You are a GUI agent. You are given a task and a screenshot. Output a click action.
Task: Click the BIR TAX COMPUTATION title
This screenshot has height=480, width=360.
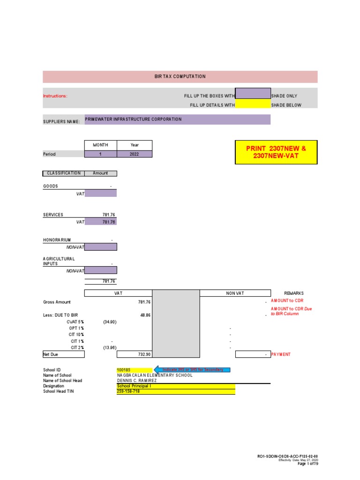[x=180, y=76]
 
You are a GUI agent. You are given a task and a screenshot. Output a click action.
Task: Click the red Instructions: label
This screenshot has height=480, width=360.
[x=55, y=96]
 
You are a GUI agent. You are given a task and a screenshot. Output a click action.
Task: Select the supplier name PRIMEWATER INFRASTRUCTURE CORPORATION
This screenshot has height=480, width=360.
[x=133, y=120]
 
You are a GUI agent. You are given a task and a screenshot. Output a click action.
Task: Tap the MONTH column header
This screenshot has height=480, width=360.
[x=100, y=145]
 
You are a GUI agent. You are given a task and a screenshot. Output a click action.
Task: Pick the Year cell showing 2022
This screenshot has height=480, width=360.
[x=135, y=154]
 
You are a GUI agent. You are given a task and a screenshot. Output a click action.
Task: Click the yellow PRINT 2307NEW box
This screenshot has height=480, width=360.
[x=276, y=151]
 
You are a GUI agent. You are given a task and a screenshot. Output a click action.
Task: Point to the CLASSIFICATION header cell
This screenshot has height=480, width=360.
[x=63, y=173]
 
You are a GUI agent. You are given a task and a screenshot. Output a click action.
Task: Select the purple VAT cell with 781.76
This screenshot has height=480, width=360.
[x=101, y=222]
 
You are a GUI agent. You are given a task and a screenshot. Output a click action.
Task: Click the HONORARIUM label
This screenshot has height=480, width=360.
[x=57, y=240]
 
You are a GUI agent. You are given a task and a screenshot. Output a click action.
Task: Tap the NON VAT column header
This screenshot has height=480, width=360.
[x=235, y=293]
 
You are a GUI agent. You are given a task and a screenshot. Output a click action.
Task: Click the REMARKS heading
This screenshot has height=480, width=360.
[x=294, y=293]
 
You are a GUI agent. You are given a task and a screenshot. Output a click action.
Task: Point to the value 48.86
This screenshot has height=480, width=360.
[x=145, y=315]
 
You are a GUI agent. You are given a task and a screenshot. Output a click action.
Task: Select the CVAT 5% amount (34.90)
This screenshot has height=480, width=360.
[x=110, y=322]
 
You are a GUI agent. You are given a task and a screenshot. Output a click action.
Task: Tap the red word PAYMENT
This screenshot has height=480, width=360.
[x=281, y=354]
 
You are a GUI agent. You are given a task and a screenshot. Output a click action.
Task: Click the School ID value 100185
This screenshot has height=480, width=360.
[x=124, y=370]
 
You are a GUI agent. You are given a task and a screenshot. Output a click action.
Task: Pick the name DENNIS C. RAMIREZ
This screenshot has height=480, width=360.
[x=136, y=381]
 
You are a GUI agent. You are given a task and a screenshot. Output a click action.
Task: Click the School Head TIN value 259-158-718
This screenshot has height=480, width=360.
[x=128, y=391]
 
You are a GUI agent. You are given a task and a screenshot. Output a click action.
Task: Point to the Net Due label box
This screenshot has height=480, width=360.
[x=63, y=354]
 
